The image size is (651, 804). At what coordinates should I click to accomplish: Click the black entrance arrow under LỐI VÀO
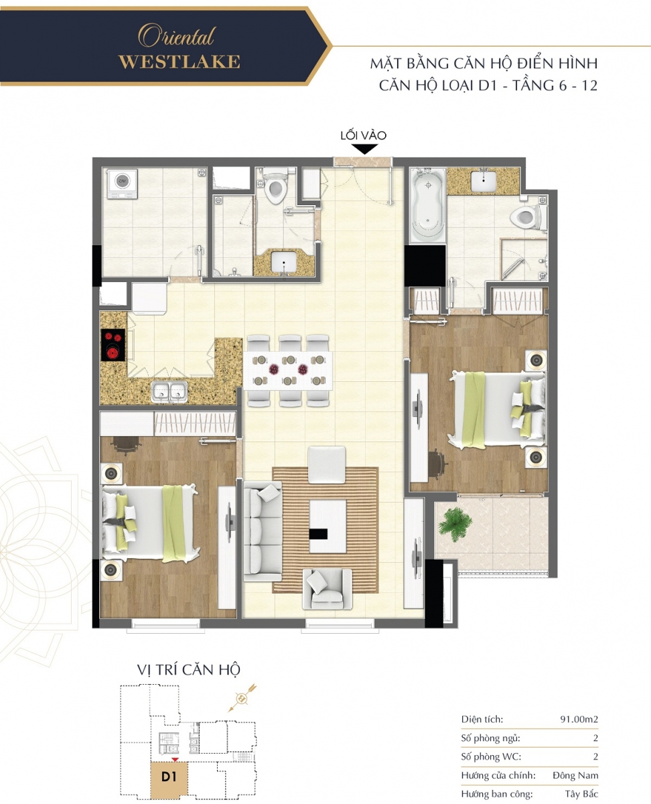[x=364, y=149]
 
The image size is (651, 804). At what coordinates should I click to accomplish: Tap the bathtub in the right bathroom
[x=427, y=205]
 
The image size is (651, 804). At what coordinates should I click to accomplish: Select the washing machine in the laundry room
[x=122, y=184]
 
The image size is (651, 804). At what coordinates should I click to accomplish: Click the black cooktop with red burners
[x=113, y=345]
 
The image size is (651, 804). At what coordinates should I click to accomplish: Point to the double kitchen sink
[x=169, y=391]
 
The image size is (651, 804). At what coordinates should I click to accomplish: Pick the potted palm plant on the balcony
[x=455, y=524]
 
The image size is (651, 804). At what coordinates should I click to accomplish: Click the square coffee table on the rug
[x=328, y=526]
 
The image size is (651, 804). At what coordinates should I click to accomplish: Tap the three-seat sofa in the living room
[x=263, y=531]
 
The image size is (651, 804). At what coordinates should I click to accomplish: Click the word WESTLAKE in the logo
[x=179, y=62]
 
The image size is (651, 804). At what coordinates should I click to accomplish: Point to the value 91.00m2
[x=579, y=719]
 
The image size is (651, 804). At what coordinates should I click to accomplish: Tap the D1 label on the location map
[x=169, y=777]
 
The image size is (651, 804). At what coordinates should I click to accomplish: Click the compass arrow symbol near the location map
[x=242, y=697]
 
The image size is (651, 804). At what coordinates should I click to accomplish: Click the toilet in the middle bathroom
[x=275, y=186]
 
